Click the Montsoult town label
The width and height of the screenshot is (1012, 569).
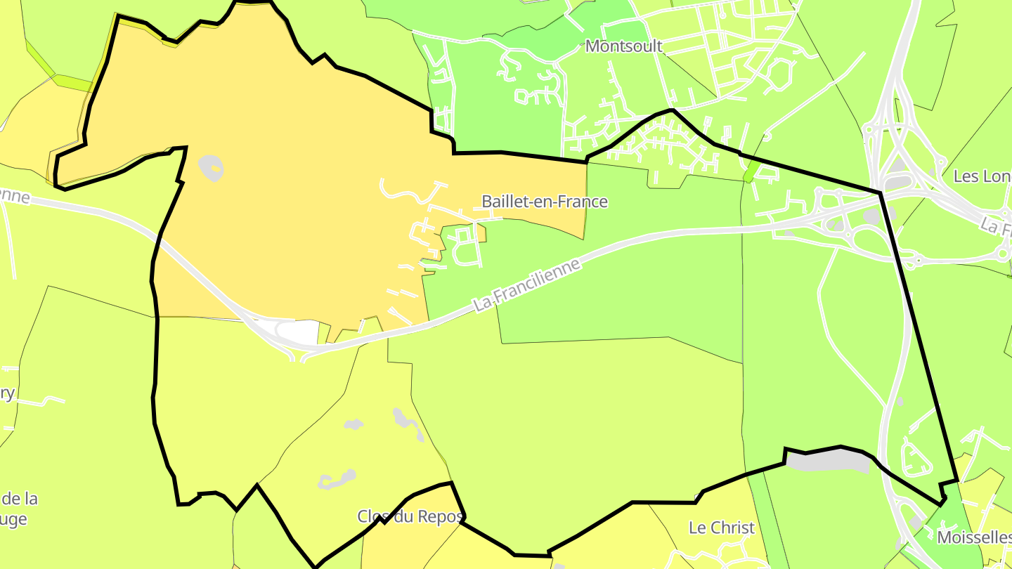624,46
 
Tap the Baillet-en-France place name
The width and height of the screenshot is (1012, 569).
545,202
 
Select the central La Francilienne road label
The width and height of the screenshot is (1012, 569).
528,284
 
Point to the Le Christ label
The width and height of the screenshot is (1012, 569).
722,528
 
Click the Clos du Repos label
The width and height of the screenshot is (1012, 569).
410,516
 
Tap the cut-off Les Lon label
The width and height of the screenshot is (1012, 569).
982,176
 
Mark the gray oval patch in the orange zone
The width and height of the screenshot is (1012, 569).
211,167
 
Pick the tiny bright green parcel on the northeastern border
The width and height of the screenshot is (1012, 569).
751,171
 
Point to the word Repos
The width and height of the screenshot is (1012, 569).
441,516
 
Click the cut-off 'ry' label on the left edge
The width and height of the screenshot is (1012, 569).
7,393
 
